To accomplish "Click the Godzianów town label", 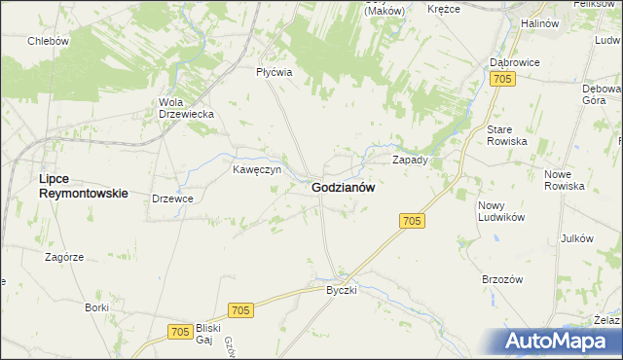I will (x=344, y=188).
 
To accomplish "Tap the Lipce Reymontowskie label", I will (x=83, y=186).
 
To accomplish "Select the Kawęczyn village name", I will (x=257, y=168).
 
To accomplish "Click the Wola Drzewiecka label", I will (x=186, y=107).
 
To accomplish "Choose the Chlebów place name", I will (x=48, y=41).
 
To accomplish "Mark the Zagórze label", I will (x=65, y=257).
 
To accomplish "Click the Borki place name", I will (x=96, y=307).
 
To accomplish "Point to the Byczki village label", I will (x=343, y=290).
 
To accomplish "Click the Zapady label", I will (x=410, y=159).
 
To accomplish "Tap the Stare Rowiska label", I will (x=506, y=135).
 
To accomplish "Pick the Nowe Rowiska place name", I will (x=565, y=179).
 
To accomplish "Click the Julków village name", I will (x=577, y=239).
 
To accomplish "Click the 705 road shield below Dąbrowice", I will (x=502, y=79).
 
